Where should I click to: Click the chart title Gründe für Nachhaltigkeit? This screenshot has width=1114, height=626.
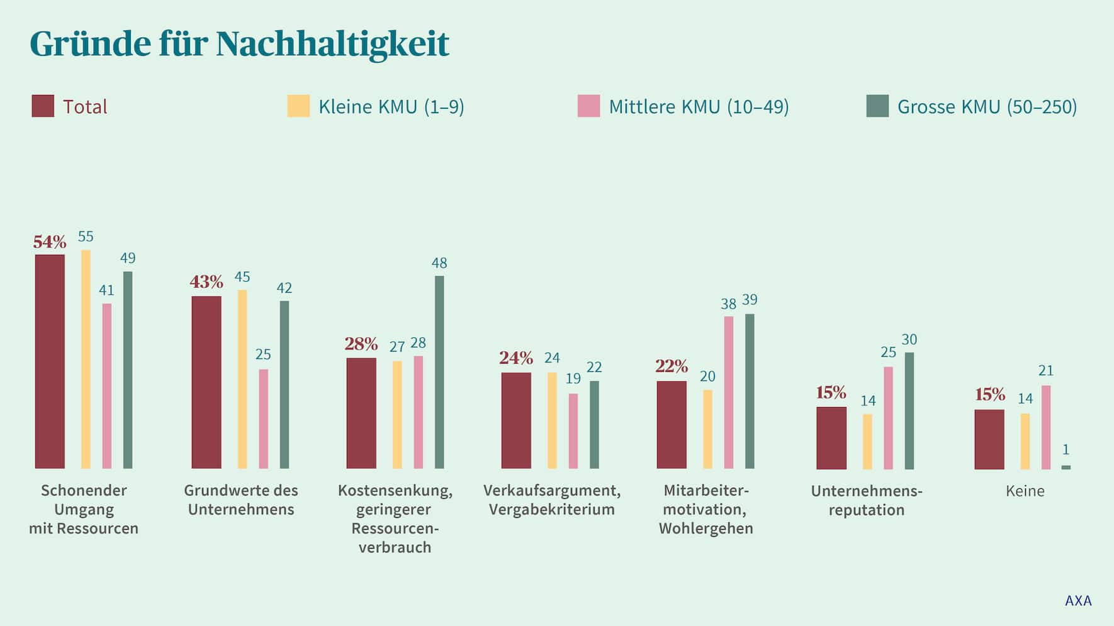tap(239, 44)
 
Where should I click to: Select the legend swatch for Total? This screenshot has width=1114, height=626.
tap(43, 106)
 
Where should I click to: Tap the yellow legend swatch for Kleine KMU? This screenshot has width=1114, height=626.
tap(298, 106)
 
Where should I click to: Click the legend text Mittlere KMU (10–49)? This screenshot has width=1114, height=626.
tap(699, 107)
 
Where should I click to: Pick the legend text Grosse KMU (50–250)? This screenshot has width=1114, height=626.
tap(987, 107)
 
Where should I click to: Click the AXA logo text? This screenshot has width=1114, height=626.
tap(1078, 601)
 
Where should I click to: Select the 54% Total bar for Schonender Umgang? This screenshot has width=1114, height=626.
tap(50, 362)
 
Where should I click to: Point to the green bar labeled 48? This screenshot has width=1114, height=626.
tap(439, 371)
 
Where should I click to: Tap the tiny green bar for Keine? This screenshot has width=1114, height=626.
tap(1066, 467)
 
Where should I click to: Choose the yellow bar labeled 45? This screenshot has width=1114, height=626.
tap(242, 379)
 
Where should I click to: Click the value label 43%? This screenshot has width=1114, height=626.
tap(206, 282)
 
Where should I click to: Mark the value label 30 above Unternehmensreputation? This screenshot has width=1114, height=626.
tap(909, 340)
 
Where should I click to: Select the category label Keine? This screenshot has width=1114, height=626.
tap(1025, 491)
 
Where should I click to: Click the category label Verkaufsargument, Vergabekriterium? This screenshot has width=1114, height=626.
tap(551, 500)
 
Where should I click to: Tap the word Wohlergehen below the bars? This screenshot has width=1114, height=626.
tap(706, 528)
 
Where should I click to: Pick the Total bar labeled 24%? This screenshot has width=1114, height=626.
tap(516, 420)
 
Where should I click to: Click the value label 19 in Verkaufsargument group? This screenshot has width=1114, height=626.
tap(573, 379)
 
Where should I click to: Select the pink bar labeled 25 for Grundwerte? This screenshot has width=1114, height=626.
tap(263, 418)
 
